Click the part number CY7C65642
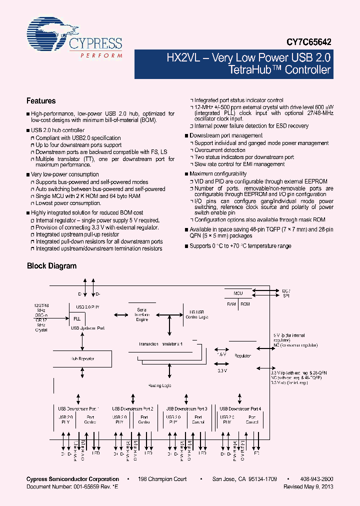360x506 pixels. pos(309,43)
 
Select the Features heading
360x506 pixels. pos(41,101)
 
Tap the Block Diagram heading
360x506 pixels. pos(51,266)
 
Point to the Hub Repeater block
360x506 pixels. pos(82,358)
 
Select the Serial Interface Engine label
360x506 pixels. pos(142,314)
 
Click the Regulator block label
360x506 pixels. pos(242,355)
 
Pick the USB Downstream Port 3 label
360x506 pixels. pos(186,408)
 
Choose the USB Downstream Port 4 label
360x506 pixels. pos(240,408)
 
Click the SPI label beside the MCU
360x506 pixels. pos(285,296)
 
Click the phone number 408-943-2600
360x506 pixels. pos(317,479)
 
